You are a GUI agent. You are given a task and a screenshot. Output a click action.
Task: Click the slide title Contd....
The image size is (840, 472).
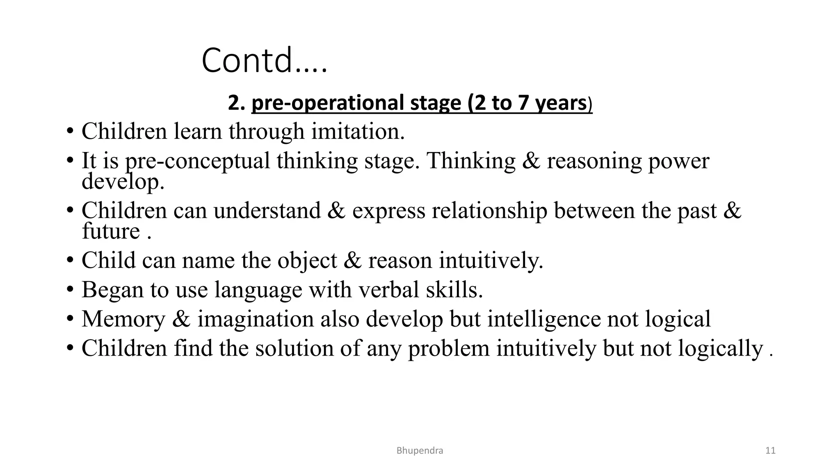click(264, 61)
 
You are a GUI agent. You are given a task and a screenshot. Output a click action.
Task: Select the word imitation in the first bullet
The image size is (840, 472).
click(358, 132)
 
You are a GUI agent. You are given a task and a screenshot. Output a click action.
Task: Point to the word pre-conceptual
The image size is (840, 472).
click(197, 161)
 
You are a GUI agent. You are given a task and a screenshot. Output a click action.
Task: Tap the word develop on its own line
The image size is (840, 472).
click(123, 181)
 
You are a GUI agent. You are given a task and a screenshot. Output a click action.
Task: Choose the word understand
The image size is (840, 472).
click(267, 211)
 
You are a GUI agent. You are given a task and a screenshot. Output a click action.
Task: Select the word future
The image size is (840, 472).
click(111, 231)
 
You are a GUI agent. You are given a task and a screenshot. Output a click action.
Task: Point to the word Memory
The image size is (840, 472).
click(123, 319)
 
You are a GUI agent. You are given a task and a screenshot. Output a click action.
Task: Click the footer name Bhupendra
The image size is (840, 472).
click(420, 451)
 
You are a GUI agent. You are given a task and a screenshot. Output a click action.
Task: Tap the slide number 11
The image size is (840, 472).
click(770, 451)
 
